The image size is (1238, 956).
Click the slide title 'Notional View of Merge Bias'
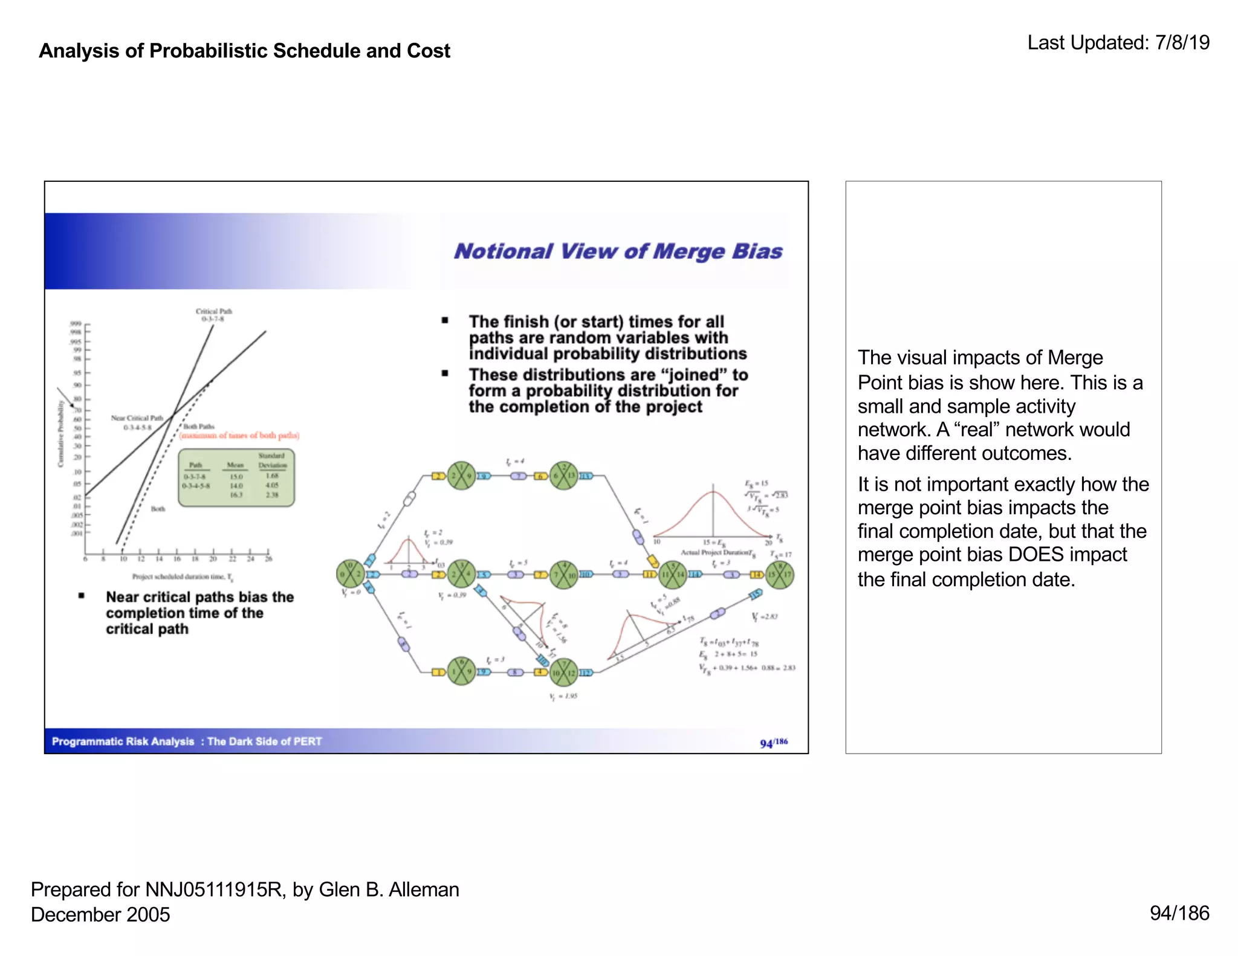[x=618, y=251]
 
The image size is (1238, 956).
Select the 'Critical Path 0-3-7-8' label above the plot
[x=213, y=315]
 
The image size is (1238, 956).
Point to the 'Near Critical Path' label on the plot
[x=137, y=418]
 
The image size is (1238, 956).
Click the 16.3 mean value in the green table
[x=236, y=495]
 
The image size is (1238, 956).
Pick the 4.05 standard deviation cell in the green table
[x=272, y=485]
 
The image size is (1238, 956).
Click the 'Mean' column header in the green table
[x=235, y=465]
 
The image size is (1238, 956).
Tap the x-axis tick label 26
[x=268, y=559]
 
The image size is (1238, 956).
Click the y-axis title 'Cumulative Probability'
[x=61, y=433]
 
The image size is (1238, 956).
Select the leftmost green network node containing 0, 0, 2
[x=350, y=573]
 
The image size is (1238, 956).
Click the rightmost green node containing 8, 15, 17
[x=779, y=575]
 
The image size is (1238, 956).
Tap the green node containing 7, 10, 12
[x=564, y=673]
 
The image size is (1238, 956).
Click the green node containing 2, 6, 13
[x=564, y=476]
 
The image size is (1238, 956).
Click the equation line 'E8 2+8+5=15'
[x=728, y=654]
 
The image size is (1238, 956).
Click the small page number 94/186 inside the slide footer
[x=774, y=743]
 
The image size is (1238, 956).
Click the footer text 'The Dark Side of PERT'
[x=265, y=741]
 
